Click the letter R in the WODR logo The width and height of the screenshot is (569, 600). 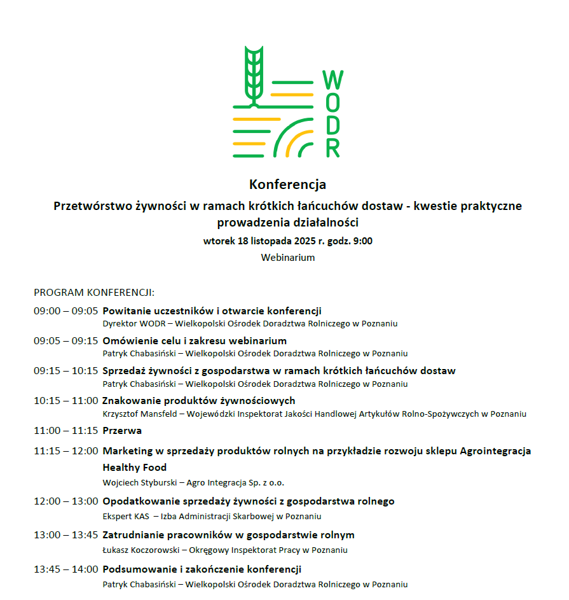click(332, 148)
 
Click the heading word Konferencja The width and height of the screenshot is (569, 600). click(287, 185)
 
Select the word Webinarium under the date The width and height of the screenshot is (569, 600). click(287, 258)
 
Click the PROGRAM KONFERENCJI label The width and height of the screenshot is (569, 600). click(94, 293)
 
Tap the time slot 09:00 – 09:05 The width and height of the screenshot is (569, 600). click(66, 311)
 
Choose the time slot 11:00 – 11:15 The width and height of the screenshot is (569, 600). click(66, 431)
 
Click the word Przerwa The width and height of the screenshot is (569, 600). click(122, 431)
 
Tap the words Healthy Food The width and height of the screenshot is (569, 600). click(135, 468)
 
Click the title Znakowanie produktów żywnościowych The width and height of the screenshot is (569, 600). click(199, 401)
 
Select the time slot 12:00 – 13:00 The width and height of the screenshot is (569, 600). click(66, 501)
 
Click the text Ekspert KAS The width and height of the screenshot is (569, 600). click(125, 517)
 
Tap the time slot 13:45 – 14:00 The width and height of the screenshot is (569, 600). click(66, 569)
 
